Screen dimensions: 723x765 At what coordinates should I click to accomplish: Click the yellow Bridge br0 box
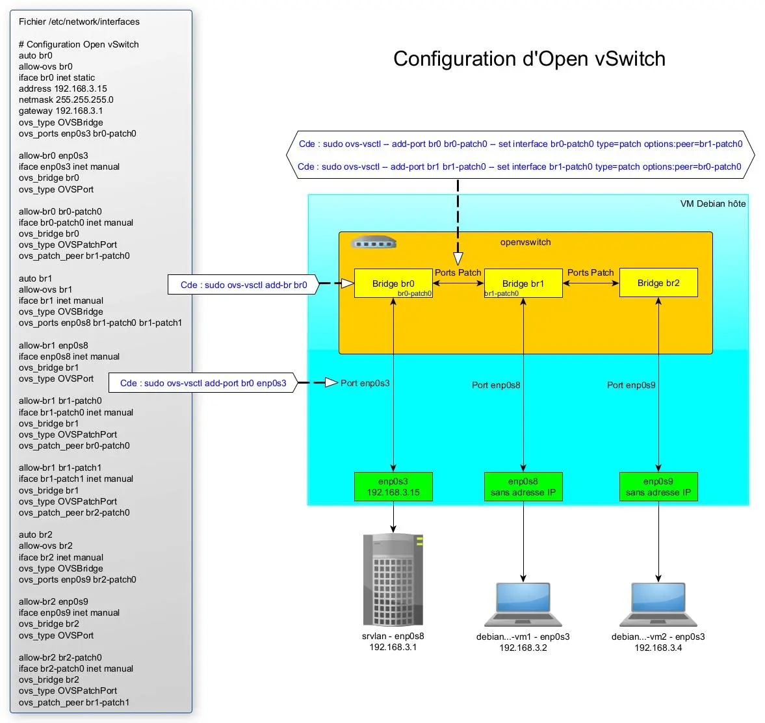[393, 283]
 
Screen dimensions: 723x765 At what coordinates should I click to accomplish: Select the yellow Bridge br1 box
[523, 283]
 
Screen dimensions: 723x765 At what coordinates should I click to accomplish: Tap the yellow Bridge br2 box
[658, 283]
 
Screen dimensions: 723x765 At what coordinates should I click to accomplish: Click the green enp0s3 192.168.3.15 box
[393, 487]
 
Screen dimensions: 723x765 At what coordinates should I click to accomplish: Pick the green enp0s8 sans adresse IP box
[523, 487]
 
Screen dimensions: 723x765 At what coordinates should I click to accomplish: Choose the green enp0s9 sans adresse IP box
[658, 487]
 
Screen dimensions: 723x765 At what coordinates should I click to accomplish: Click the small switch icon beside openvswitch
[373, 243]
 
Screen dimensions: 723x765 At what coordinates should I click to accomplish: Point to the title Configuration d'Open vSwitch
[529, 59]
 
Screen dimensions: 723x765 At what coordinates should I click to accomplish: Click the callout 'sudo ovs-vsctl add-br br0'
[244, 285]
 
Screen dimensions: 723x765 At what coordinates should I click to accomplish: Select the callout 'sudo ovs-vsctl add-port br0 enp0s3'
[203, 383]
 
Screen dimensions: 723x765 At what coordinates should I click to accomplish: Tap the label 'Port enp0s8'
[496, 385]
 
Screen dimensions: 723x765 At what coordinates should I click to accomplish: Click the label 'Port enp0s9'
[631, 385]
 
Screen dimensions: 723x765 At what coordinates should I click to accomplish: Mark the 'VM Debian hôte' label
[713, 204]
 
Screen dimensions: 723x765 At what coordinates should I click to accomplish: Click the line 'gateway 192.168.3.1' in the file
[60, 111]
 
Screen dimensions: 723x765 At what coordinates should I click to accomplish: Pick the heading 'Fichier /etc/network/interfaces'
[79, 21]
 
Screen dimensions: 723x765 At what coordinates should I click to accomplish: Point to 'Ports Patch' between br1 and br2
[590, 272]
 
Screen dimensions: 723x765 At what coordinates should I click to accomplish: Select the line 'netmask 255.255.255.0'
[66, 99]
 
